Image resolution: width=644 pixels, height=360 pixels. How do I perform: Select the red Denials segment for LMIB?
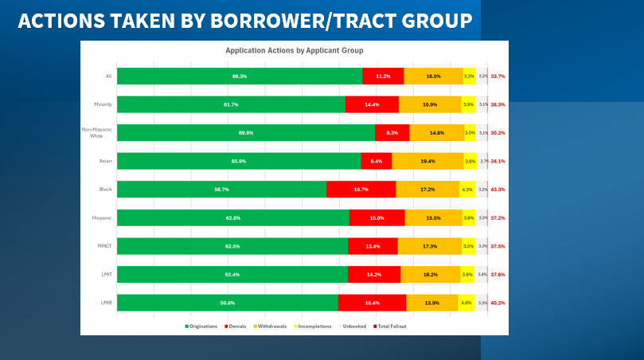[372, 303]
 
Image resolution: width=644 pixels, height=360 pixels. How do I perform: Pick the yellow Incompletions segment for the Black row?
[467, 190]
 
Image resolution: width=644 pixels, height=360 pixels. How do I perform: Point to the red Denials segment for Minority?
[372, 104]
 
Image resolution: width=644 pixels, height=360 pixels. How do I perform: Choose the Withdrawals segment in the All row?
[433, 76]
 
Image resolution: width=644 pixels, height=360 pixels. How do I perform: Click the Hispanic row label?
[103, 217]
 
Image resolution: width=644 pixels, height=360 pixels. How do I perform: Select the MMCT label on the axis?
[104, 246]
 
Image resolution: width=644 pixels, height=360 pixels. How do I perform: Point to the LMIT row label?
[105, 274]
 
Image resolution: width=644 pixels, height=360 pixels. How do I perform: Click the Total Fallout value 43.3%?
[498, 190]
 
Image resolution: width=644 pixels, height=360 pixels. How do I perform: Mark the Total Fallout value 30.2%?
[498, 133]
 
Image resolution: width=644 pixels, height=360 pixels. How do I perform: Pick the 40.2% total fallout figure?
[498, 303]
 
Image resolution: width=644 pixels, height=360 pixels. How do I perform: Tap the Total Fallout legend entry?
[390, 327]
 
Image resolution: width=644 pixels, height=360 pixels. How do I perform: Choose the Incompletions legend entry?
[314, 327]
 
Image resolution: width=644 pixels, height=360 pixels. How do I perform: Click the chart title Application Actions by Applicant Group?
[295, 50]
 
